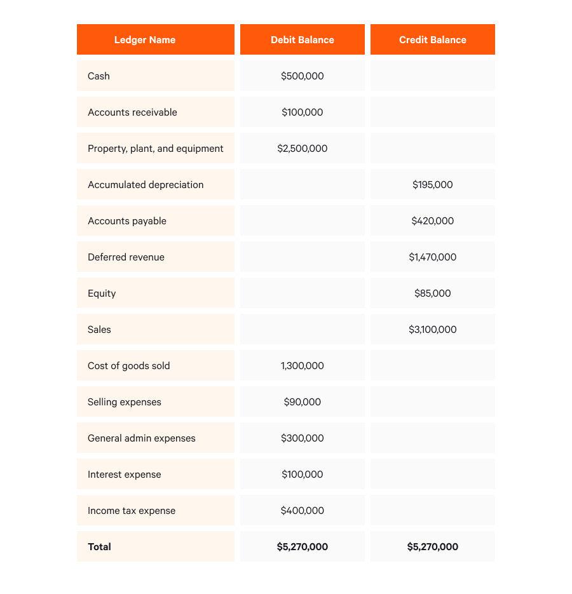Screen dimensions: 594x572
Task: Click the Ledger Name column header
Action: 145,40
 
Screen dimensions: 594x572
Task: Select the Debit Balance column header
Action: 303,40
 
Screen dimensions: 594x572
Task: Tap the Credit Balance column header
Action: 433,40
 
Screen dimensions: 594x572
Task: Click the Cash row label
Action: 99,76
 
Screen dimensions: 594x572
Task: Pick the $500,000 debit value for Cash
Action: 303,76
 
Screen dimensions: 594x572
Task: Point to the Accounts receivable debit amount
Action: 303,112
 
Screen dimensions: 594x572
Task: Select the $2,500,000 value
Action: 303,149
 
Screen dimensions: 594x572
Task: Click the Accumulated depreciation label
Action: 146,185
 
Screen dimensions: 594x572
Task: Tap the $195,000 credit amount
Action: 433,185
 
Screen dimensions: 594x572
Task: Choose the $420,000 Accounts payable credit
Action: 433,221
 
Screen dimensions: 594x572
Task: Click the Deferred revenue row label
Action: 126,257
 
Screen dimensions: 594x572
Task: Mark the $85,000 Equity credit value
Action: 433,294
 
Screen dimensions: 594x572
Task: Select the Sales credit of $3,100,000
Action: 433,330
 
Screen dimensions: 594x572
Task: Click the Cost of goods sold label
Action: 129,366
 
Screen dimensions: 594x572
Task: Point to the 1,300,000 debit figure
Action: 303,366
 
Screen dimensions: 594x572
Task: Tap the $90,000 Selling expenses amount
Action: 303,402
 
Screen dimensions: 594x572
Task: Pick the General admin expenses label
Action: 142,438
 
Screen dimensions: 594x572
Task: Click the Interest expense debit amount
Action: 303,475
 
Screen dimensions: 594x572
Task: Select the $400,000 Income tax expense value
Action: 303,511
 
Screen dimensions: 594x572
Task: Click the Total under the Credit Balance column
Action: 433,547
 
